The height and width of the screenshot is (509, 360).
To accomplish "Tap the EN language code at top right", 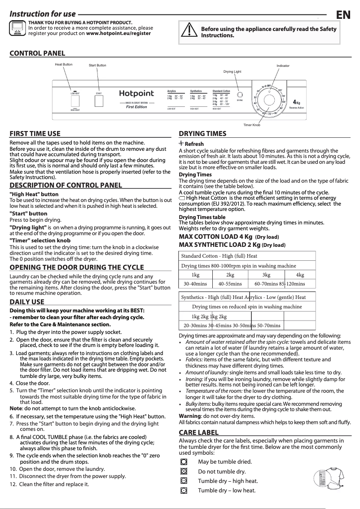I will point(343,15).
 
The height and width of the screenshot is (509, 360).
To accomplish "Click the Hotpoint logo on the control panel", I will point(136,94).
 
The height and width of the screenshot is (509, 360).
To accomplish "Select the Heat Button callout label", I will point(63,65).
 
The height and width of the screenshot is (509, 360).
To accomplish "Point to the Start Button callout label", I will point(97,66).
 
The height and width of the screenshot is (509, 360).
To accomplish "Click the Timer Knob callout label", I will point(252,124).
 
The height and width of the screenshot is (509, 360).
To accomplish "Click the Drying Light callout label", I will point(232,72).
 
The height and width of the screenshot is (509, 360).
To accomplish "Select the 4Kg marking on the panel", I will point(296,102).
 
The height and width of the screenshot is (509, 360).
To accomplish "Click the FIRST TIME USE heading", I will point(35,134).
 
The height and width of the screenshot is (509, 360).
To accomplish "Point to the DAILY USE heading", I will point(27,302).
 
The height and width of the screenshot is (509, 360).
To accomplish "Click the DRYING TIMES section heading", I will point(202,134).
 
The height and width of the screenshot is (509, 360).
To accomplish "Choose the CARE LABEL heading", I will point(198,432).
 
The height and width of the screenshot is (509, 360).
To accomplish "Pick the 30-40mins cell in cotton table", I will point(195,284).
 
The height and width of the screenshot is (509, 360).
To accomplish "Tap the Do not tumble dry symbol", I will point(183,471).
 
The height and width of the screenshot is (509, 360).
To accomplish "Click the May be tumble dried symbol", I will point(183,462).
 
